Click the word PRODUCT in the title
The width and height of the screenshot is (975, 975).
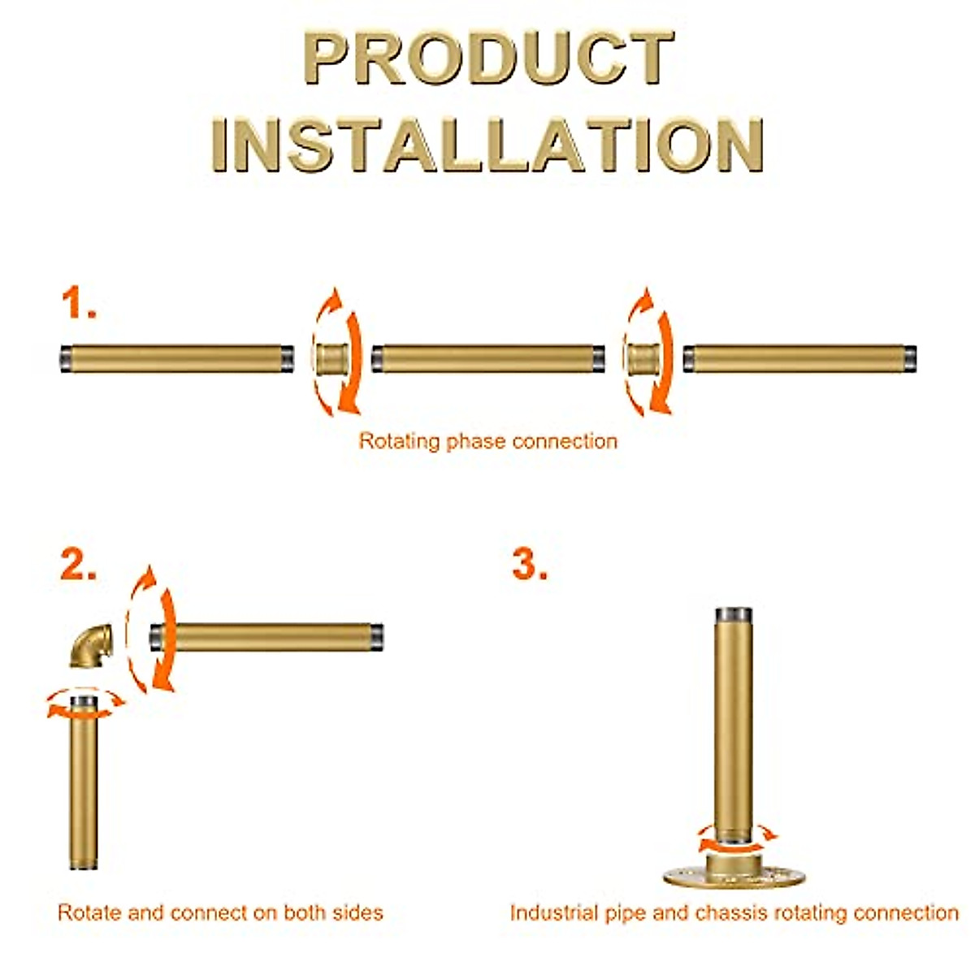tap(487, 58)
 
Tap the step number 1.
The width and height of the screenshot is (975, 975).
tap(79, 304)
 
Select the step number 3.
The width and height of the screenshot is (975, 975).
tap(529, 564)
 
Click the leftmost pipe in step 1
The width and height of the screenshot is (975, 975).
tap(177, 358)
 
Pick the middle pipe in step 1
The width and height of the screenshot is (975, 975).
tap(487, 358)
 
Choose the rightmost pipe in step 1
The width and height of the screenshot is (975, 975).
tap(799, 358)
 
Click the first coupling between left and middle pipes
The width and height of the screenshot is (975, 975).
tap(331, 358)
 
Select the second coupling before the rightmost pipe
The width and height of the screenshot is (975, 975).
tap(642, 358)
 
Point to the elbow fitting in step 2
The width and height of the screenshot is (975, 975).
tap(89, 647)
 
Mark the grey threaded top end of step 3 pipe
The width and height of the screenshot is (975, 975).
tap(734, 613)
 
